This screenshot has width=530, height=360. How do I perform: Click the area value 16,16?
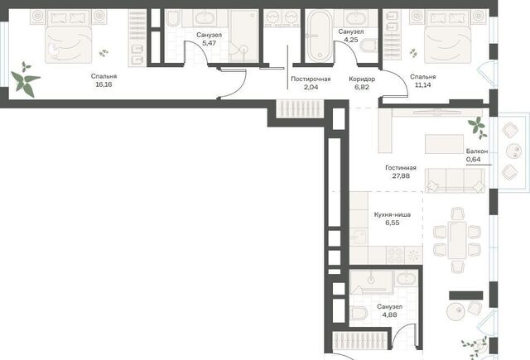(x=104, y=84)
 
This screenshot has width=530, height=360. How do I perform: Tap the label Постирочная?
(x=311, y=79)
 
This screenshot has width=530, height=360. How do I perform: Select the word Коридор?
(x=362, y=79)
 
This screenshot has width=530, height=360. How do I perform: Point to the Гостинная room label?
(x=401, y=168)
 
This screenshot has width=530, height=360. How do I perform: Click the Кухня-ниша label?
(x=392, y=215)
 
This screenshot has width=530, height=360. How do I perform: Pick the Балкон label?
(x=477, y=151)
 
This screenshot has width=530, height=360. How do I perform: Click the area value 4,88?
(x=390, y=314)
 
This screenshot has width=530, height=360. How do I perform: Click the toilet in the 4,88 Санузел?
(x=359, y=313)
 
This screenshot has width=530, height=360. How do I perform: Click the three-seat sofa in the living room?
(x=455, y=180)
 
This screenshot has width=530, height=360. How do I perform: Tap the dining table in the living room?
(x=456, y=240)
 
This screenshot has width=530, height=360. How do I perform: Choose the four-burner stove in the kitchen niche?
(x=395, y=255)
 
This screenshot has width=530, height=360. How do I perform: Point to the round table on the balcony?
(x=513, y=151)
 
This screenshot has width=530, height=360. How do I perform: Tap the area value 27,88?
(x=401, y=176)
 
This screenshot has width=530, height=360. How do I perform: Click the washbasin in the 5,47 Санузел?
(x=205, y=18)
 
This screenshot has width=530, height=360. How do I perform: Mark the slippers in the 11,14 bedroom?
(x=413, y=53)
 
